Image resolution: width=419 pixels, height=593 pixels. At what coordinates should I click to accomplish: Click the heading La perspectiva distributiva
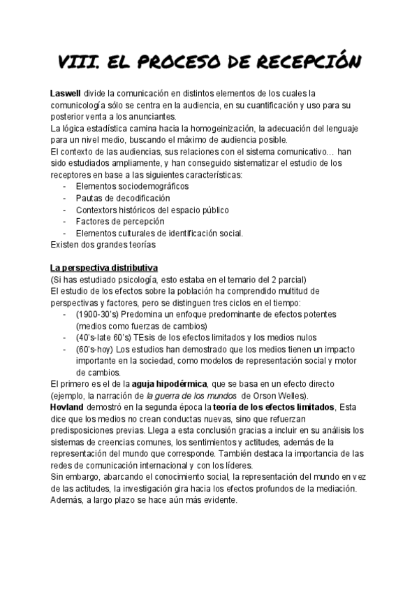[104, 268]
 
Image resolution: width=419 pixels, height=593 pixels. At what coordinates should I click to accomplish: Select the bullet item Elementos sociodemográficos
[132, 187]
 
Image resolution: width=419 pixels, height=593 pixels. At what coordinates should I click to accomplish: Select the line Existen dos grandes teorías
[103, 245]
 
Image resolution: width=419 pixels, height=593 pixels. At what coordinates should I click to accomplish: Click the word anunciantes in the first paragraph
[152, 117]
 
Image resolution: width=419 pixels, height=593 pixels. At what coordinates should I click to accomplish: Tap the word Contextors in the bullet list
[98, 210]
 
